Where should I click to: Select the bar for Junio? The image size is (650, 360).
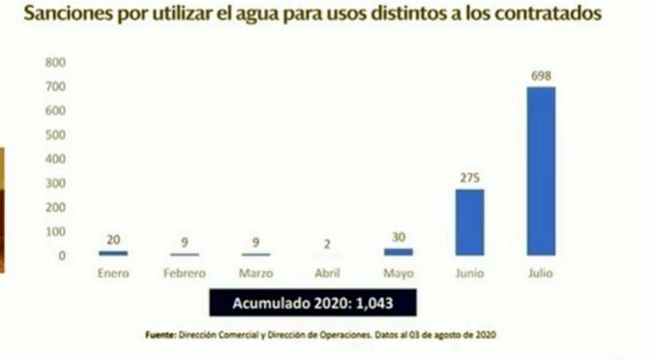[469, 222]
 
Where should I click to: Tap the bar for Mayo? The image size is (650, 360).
[399, 251]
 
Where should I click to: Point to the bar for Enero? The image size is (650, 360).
[113, 253]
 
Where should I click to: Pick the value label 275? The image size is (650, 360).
[469, 177]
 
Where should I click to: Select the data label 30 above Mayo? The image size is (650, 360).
[399, 235]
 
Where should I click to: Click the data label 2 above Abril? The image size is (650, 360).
[327, 244]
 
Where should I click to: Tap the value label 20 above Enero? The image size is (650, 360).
[113, 239]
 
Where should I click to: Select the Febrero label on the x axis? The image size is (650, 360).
[184, 274]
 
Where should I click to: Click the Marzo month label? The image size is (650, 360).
[255, 274]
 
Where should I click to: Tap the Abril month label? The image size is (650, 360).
[326, 274]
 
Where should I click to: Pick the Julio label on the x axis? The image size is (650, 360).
[540, 274]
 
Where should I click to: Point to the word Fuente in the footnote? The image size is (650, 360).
[161, 335]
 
